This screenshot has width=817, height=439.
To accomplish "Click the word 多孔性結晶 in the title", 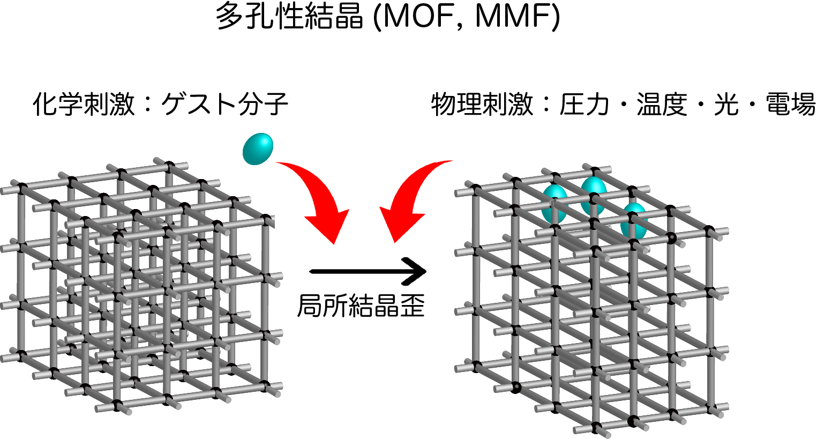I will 289,17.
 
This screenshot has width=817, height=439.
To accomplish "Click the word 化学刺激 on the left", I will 83,104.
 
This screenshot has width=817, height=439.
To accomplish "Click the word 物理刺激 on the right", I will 482,104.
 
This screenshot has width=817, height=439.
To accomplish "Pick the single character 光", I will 726,104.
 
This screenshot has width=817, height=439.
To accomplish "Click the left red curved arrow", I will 316,198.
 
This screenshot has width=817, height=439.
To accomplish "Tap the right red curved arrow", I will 413,198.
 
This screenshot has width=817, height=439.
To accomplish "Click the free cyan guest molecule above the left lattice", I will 258,148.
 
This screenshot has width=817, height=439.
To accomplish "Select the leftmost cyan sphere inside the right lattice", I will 554,204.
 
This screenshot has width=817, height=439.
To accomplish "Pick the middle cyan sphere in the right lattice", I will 593,195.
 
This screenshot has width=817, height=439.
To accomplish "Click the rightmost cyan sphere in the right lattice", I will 635,220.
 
